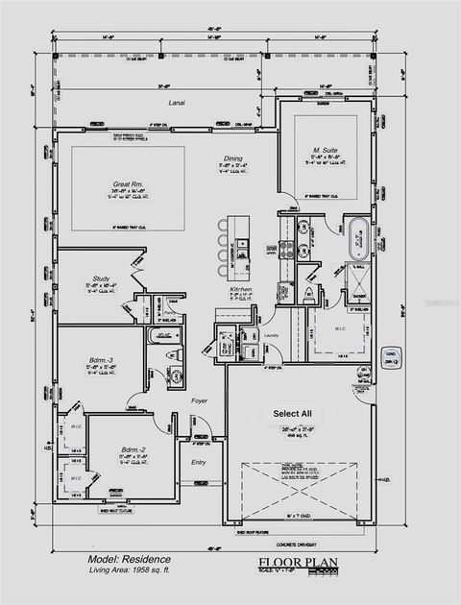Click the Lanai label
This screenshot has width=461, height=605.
(175, 103)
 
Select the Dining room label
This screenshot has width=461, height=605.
(233, 157)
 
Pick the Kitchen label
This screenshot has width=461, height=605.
(240, 289)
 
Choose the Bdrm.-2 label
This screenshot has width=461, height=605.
(133, 449)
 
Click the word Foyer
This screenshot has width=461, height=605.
(199, 400)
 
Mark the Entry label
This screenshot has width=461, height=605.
(199, 463)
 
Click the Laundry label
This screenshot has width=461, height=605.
(270, 336)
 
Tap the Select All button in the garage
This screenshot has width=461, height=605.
(292, 414)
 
